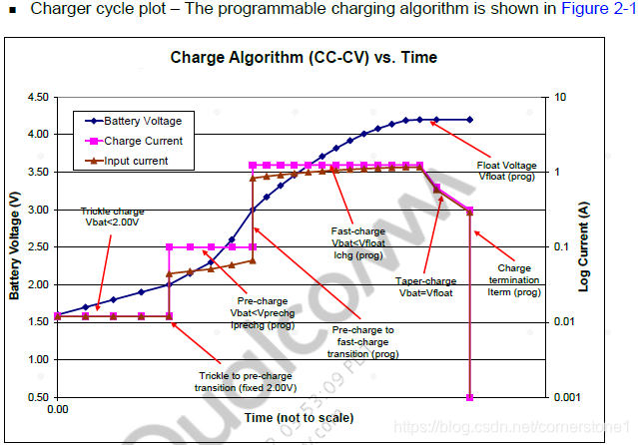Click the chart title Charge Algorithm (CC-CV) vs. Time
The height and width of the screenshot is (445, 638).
tap(304, 58)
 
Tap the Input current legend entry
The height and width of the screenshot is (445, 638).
tap(136, 161)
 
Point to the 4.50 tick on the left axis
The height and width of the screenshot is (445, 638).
tap(39, 97)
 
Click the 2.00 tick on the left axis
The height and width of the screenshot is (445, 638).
tap(39, 284)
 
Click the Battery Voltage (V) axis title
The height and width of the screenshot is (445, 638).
tap(14, 246)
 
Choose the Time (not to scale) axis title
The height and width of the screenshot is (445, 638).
tap(299, 417)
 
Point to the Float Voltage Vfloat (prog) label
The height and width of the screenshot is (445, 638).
tap(507, 170)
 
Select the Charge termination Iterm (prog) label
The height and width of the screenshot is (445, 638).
tap(513, 280)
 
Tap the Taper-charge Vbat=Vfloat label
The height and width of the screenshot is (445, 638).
tap(425, 286)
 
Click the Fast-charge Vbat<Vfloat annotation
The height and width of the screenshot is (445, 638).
tap(356, 242)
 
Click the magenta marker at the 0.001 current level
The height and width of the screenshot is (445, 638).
tap(470, 397)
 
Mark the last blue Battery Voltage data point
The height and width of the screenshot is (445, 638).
tap(470, 120)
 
